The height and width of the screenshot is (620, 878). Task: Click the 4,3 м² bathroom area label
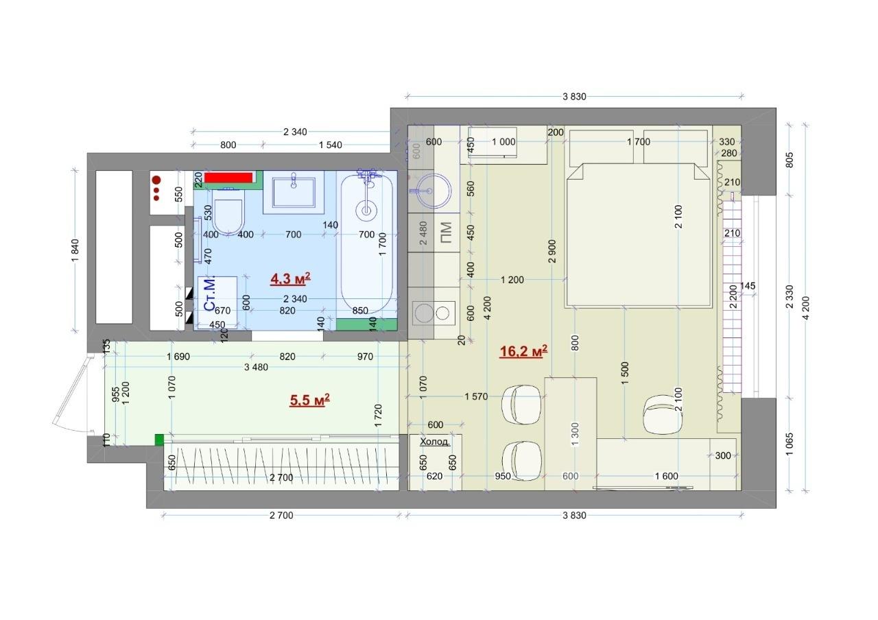pos(290,278)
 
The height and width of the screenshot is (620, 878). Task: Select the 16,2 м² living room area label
pos(523,351)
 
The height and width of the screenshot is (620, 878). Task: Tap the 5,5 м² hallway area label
pos(309,400)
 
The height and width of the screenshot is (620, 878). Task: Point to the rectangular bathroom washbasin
pos(294,193)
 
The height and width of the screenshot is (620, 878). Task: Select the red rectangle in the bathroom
pos(228,178)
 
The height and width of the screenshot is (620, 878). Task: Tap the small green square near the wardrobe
pos(159,440)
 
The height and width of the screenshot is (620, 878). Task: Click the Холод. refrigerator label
pos(435,442)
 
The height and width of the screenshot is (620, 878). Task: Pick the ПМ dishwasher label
pos(446,232)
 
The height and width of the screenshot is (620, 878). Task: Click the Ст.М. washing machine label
pos(210,294)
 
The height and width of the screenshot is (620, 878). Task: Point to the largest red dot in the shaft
pos(156,180)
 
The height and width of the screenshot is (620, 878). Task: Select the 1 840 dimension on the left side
pos(75,251)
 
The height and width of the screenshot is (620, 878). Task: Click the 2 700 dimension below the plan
pos(281,515)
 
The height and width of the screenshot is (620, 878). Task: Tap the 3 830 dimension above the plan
pos(574,97)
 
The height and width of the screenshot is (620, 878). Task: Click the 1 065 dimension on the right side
pos(790,444)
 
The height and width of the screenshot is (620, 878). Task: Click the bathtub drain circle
pos(366,211)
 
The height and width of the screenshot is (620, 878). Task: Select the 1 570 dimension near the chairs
pos(476,396)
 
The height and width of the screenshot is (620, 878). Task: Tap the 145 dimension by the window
pos(748,286)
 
